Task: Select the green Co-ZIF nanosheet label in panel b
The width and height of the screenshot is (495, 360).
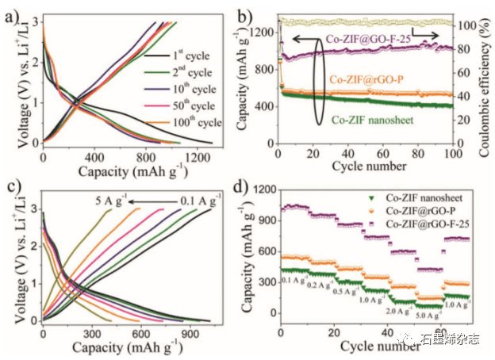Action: click(384, 121)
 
